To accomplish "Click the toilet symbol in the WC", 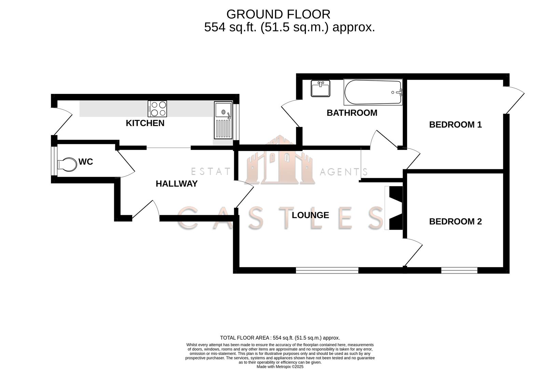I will [x=67, y=165].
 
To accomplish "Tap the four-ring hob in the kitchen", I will [x=157, y=109].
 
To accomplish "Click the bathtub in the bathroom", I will [x=373, y=92].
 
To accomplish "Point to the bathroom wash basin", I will [x=321, y=88].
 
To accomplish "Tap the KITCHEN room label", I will [x=145, y=123].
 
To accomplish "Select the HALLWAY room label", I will [x=177, y=183].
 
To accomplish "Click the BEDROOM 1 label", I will [x=455, y=124].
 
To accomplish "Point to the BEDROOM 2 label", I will [x=455, y=221].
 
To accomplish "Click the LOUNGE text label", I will [x=310, y=215].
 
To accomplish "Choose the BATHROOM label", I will [x=352, y=113].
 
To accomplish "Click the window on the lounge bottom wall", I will [x=327, y=270].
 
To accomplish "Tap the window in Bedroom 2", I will [x=459, y=270].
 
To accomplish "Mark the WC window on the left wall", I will [x=54, y=161].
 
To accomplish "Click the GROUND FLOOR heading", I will [x=278, y=14].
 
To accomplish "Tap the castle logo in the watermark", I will [x=280, y=161].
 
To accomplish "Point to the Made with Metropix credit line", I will [x=280, y=367].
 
